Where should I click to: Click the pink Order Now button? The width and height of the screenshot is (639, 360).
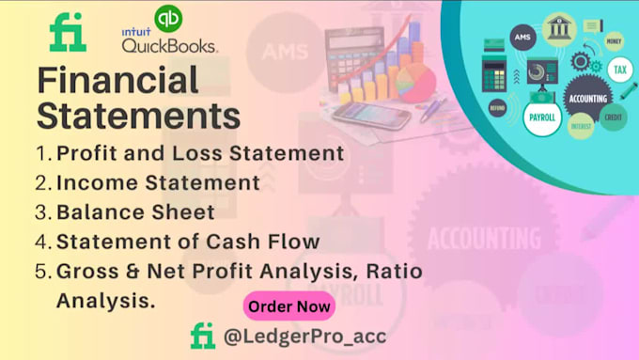(x=289, y=305)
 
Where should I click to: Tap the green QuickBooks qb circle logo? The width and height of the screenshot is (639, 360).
(x=169, y=17)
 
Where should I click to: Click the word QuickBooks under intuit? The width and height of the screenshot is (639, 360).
(x=170, y=43)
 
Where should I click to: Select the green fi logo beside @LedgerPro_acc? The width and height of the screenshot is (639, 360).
(x=203, y=336)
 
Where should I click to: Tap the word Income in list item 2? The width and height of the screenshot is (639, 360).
(x=88, y=180)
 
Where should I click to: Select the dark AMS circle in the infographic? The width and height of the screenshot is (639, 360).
(x=522, y=37)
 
